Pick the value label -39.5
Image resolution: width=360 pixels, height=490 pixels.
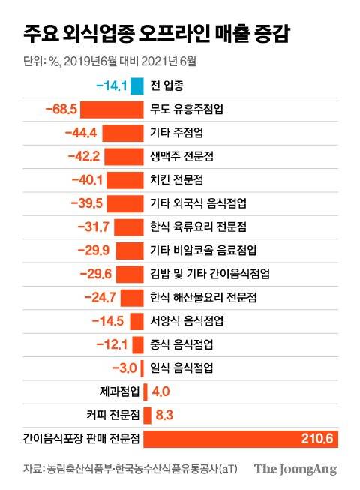pyautogui.click(x=86, y=203)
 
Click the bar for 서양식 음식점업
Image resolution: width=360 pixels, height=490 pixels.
pyautogui.click(x=136, y=321)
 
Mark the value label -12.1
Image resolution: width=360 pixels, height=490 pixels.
pyautogui.click(x=112, y=344)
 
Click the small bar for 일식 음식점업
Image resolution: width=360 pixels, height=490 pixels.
pyautogui.click(x=141, y=368)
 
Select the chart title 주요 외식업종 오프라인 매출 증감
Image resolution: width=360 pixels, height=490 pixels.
pyautogui.click(x=157, y=34)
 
